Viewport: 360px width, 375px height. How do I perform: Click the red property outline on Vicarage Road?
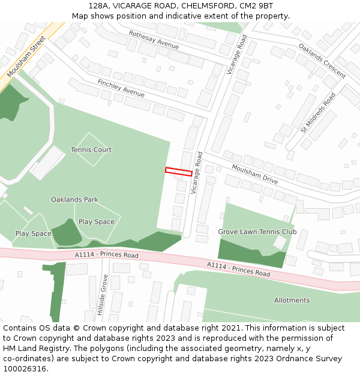(179, 172)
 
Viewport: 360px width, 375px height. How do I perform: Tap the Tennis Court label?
(91, 149)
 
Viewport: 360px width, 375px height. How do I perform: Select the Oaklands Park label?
(74, 199)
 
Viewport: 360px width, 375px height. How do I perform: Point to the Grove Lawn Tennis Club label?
(257, 232)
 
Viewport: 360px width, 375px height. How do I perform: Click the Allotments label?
(292, 300)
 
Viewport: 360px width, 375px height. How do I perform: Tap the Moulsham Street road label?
(27, 56)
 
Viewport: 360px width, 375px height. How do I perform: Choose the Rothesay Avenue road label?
(154, 40)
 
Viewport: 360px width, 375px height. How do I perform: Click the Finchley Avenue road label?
(121, 88)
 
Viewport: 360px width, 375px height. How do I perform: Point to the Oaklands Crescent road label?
(322, 61)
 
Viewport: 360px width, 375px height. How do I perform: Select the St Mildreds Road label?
(319, 112)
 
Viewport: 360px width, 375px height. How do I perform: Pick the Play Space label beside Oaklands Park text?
(97, 221)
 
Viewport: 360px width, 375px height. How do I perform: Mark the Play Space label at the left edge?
(33, 233)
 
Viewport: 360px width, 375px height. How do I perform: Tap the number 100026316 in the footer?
(24, 369)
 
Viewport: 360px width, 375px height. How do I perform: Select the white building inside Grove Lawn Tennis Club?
(280, 242)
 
